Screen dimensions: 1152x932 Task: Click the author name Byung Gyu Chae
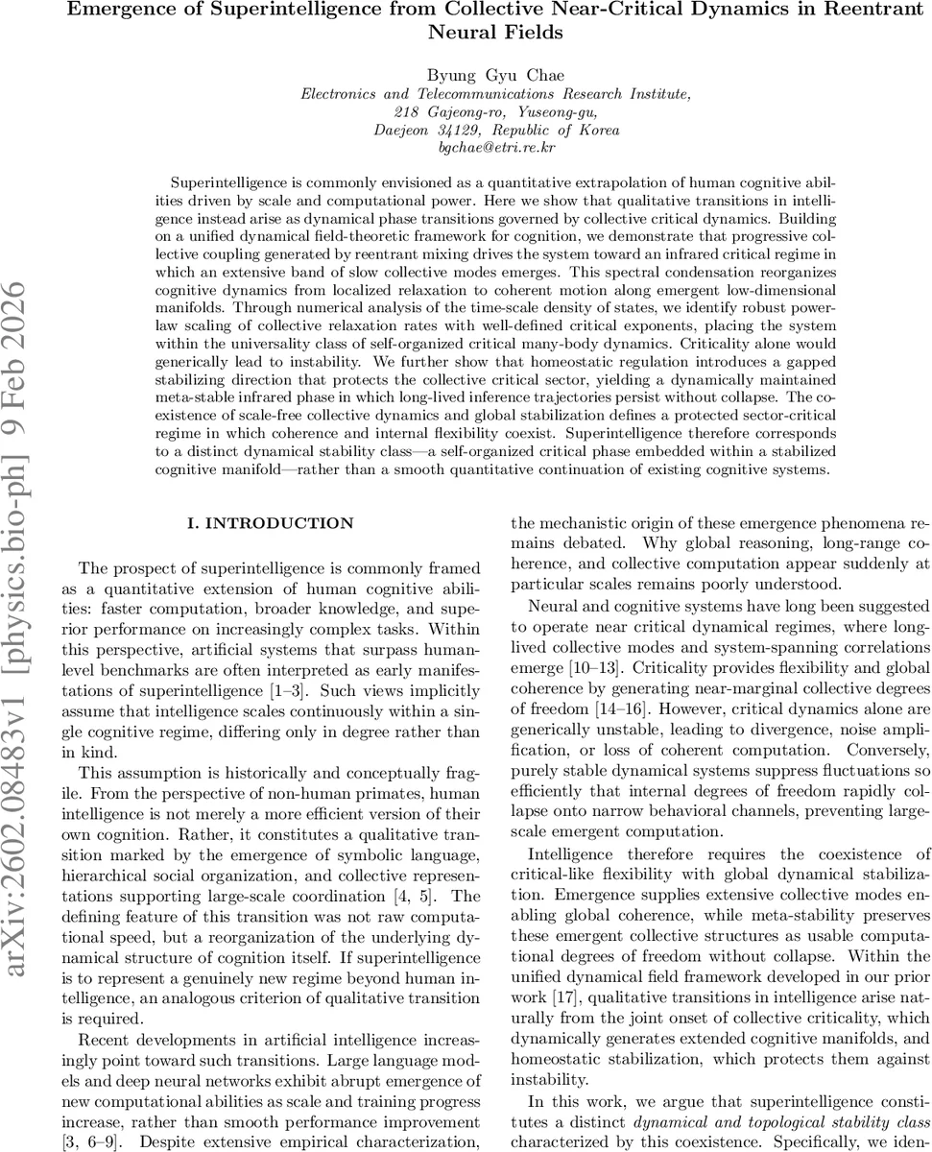495,74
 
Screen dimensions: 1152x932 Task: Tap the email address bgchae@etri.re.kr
495,148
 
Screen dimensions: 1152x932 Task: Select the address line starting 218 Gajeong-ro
495,111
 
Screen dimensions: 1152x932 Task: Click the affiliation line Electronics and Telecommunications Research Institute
495,94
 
